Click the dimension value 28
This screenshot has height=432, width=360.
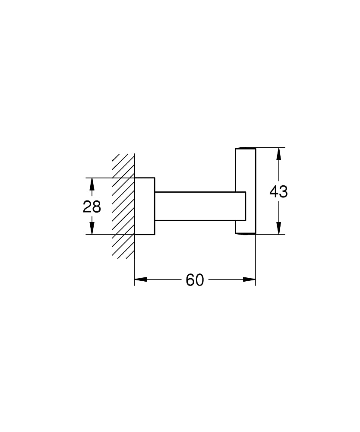pos(92,206)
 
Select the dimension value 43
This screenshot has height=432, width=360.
pos(278,191)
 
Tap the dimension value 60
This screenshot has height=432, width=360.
pos(195,280)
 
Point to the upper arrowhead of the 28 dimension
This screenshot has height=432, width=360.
pos(92,184)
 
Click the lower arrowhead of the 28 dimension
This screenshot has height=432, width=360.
pos(92,228)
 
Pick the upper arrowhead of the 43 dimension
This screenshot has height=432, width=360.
pos(279,154)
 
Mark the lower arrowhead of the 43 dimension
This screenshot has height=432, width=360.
pos(279,228)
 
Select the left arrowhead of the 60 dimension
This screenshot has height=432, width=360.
pos(141,280)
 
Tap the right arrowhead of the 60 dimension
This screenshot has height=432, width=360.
pos(249,280)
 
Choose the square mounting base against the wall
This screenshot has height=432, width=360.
pos(145,206)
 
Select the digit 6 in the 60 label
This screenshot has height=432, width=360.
pos(190,280)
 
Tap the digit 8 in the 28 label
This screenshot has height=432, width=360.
pos(97,206)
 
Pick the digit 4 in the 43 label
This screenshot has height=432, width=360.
pos(274,191)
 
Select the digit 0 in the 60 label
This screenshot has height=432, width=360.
pos(199,280)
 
